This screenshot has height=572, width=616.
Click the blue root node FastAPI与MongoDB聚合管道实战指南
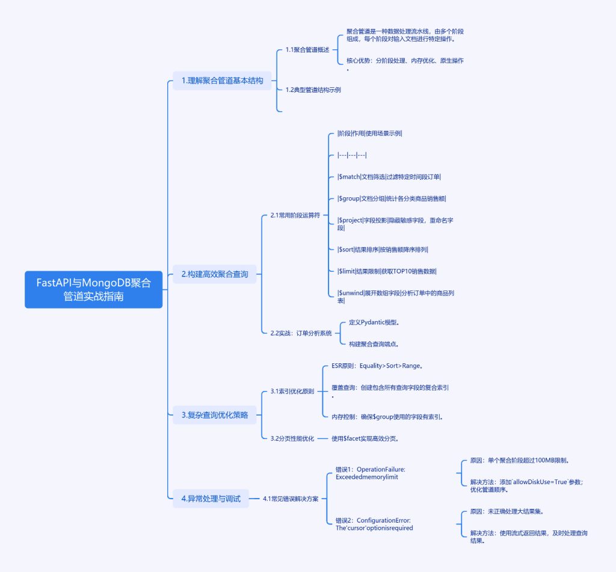[x=93, y=289]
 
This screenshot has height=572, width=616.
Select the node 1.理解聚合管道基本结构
[x=222, y=81]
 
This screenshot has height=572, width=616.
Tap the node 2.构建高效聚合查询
[x=215, y=274]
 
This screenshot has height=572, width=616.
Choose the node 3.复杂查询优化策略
[x=214, y=414]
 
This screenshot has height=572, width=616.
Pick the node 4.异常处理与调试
[x=211, y=498]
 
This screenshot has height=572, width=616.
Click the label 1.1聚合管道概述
[x=307, y=50]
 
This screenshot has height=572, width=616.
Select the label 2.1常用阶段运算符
[x=295, y=215]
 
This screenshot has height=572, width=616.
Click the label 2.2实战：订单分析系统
[x=301, y=333]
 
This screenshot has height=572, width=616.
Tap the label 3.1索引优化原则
[x=292, y=392]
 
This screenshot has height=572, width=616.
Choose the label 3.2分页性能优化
[x=292, y=438]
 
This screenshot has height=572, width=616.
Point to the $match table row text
[x=393, y=177]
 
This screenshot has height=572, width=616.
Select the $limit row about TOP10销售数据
[x=387, y=271]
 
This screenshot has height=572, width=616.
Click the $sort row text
[x=383, y=250]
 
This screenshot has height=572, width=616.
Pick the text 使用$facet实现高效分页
[x=366, y=438]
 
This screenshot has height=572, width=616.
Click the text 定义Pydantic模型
[x=374, y=322]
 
